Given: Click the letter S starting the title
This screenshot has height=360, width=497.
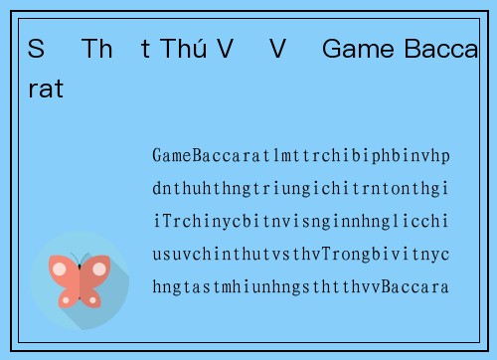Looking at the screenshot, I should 36,49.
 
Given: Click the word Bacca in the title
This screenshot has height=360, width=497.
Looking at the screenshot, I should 440,49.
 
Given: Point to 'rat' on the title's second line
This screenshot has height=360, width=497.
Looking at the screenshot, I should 45,90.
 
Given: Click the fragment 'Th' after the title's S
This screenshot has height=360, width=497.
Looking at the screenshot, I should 97,49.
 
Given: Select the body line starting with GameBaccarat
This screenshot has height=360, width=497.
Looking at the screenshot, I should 300,156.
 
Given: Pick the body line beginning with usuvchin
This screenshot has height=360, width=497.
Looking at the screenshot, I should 300,255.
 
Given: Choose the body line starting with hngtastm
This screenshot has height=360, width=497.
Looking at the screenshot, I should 300,287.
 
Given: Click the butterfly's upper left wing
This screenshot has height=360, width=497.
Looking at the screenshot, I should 63,269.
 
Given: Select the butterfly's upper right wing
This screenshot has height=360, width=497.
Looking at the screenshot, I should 96,269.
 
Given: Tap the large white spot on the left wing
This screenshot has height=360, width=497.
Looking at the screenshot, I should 60,269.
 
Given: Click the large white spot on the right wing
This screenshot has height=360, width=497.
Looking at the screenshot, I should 99,269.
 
